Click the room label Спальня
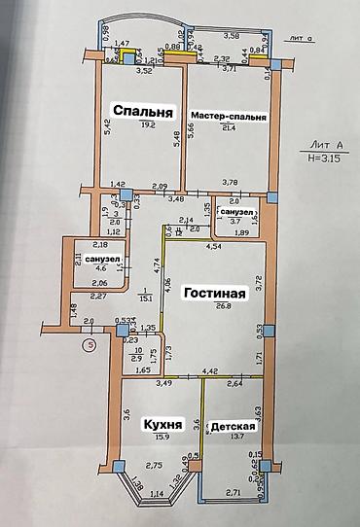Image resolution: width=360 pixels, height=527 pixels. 143,110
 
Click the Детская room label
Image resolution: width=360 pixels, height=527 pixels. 234,426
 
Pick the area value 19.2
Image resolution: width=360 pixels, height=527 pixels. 147,125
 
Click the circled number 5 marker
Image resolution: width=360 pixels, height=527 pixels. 89,342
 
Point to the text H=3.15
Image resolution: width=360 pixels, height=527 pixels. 326,156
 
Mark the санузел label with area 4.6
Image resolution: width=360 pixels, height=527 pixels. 101,258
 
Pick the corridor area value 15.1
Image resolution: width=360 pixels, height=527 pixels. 143,299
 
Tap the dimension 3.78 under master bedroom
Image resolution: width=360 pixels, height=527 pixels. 231,181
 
